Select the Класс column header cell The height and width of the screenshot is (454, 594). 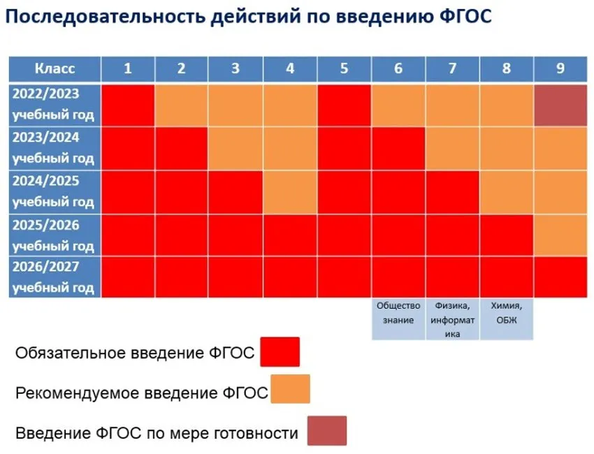[x=55, y=69]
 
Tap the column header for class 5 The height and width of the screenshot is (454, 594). [x=344, y=69]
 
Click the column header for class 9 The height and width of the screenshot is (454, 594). [x=560, y=69]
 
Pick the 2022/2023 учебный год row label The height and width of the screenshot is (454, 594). [x=55, y=105]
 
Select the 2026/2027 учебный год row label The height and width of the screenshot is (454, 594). [x=55, y=277]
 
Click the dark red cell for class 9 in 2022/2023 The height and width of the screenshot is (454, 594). [x=560, y=105]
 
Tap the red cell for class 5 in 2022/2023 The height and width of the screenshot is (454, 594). [x=344, y=105]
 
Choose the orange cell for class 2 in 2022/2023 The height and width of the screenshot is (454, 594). [x=182, y=105]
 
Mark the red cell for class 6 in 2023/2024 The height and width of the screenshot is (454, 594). [x=398, y=149]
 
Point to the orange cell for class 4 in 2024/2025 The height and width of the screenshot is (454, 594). [x=290, y=192]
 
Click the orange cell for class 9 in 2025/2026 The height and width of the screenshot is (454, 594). [x=560, y=235]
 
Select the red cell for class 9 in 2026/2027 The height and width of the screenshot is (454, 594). [x=560, y=277]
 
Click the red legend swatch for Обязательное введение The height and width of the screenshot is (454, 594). [x=280, y=352]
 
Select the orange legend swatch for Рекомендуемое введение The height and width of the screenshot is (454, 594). [x=290, y=389]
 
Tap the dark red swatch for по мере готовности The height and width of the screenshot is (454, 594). [x=327, y=430]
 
